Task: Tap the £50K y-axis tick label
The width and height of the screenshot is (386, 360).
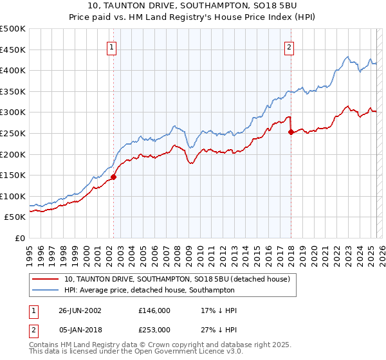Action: (15, 217)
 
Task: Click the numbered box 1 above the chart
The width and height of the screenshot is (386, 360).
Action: (112, 47)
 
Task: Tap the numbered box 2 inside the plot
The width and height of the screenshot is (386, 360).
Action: (289, 47)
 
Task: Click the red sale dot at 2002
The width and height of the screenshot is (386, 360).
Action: (114, 177)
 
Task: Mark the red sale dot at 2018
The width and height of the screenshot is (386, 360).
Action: (291, 132)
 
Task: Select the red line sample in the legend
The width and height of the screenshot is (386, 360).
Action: (45, 280)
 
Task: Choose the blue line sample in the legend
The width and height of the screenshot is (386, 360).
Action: (45, 290)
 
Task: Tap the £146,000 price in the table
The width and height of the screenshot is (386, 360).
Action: (154, 310)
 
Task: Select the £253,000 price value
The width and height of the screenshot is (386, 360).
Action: (154, 329)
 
